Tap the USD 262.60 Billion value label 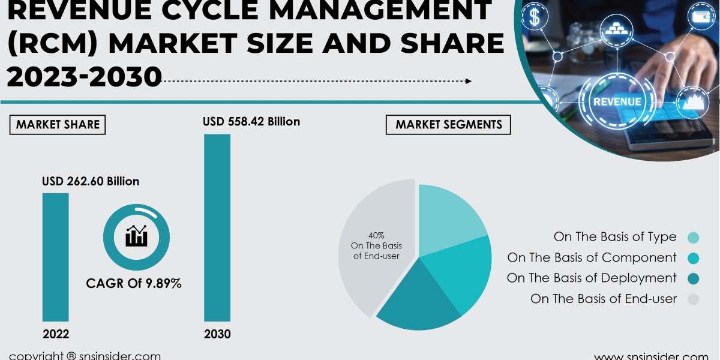point(91,181)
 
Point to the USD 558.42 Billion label point(251,122)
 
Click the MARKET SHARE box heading point(58,124)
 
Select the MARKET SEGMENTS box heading point(448,124)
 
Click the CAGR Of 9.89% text point(134,283)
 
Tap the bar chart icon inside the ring point(136,235)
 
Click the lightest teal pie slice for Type point(450,216)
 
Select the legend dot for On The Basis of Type point(693,238)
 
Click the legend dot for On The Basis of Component point(693,258)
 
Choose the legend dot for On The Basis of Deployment point(693,278)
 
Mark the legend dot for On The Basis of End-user point(693,299)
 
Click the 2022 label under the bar point(55,334)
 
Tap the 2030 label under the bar point(217,334)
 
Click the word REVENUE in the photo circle point(617,101)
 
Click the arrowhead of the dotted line point(468,81)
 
